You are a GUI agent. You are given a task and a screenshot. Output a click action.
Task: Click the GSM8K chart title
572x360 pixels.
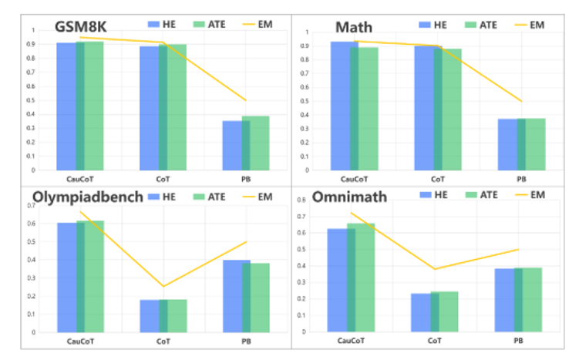[x=80, y=27]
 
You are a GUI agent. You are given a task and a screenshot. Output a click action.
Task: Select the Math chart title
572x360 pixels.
[x=354, y=28]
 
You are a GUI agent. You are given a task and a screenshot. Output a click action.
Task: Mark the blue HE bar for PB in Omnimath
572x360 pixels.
[x=503, y=300]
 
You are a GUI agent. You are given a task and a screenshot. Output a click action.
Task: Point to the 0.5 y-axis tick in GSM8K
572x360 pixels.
[x=32, y=100]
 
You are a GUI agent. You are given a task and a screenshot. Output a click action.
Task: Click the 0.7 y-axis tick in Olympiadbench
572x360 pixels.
[x=32, y=205]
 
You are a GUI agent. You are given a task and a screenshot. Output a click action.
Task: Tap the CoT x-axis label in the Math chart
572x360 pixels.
[x=438, y=179]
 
